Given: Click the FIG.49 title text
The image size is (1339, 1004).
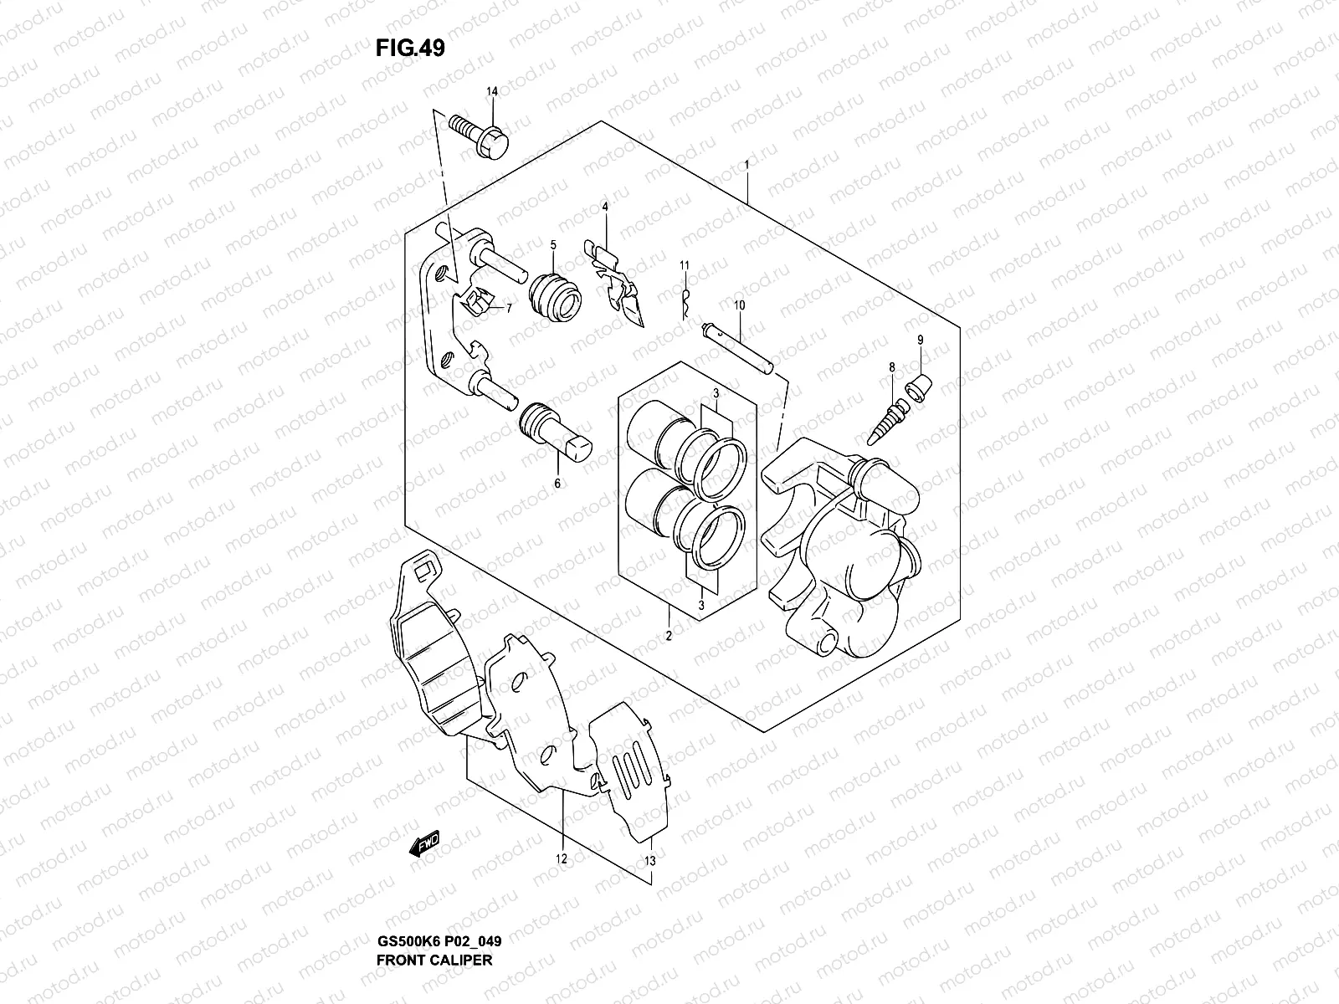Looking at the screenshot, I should click(410, 49).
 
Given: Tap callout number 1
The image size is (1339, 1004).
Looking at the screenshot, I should click(746, 166).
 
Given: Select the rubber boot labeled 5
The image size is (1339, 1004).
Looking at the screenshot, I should click(554, 295).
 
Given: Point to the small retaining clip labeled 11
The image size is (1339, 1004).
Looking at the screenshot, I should click(685, 304).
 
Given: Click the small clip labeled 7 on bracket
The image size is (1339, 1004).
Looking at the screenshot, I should click(480, 299).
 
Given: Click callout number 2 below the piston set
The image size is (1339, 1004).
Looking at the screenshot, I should click(669, 636).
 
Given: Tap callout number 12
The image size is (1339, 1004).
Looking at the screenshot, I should click(561, 858).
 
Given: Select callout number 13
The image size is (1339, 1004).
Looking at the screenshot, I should click(650, 859).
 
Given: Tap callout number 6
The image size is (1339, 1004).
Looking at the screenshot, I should click(557, 483).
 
